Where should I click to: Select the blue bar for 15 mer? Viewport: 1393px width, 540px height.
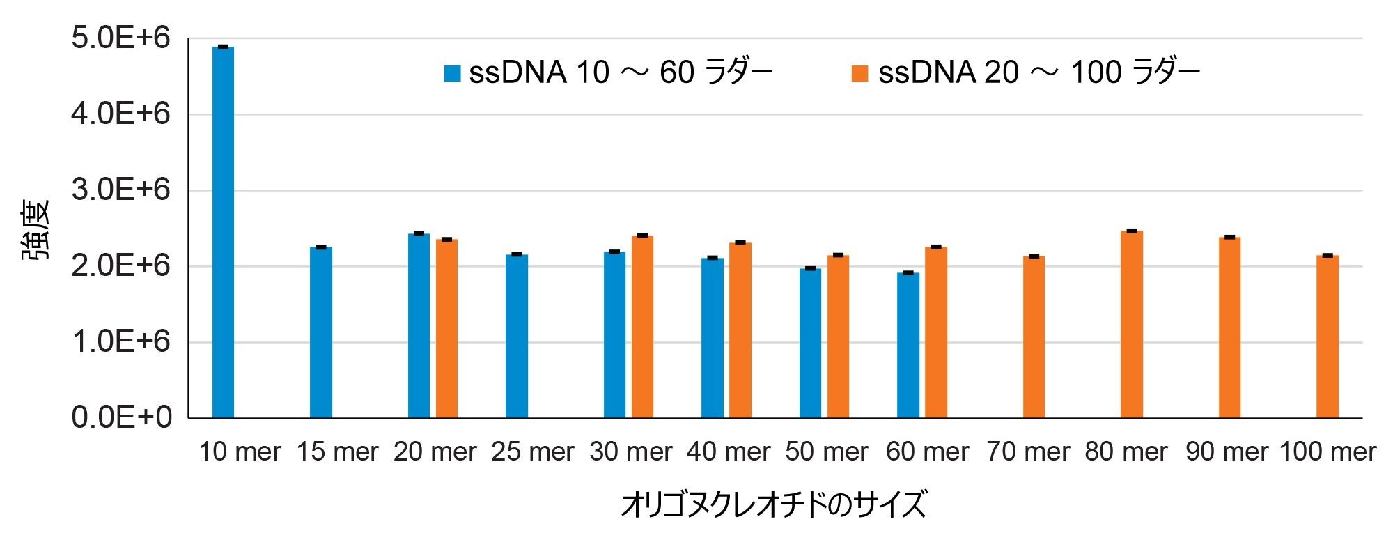tap(321, 332)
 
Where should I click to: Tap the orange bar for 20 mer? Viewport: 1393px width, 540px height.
tap(447, 328)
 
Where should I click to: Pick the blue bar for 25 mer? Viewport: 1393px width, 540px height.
tap(517, 336)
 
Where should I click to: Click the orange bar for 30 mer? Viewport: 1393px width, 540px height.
tap(643, 327)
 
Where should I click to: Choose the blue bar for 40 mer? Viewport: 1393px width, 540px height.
tap(713, 338)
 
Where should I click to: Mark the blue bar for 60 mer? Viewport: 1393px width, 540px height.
tap(908, 345)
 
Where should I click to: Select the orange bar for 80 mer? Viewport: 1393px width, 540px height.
tap(1132, 324)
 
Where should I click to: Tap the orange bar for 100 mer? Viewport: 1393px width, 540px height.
tap(1328, 337)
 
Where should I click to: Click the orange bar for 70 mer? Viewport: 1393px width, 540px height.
tap(1034, 337)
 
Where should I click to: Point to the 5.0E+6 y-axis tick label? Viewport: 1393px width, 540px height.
tap(120, 38)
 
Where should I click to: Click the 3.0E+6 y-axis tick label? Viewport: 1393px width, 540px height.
tap(120, 190)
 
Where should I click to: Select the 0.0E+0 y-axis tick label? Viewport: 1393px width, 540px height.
tap(120, 417)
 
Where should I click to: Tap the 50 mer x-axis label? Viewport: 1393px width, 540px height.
tap(827, 452)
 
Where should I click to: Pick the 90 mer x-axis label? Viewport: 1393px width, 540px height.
tap(1227, 452)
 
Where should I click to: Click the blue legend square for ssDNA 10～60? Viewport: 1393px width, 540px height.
tap(453, 73)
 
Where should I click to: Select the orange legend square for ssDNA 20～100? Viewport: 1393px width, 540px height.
tap(860, 73)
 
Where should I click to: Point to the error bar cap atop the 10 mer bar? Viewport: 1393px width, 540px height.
tap(223, 47)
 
